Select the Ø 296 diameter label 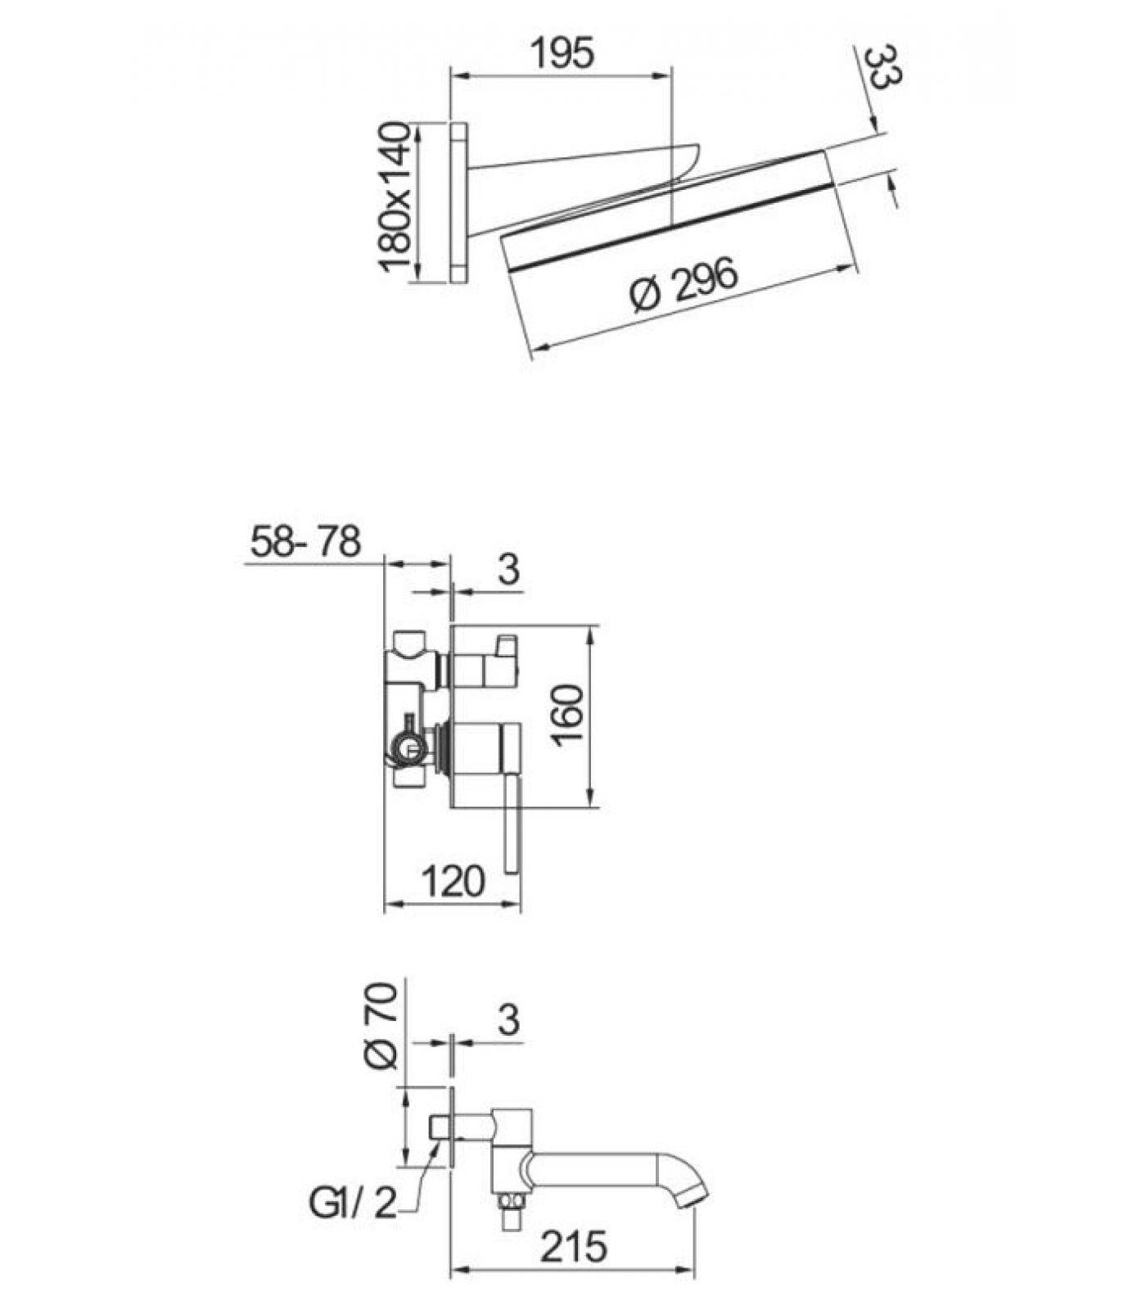685,284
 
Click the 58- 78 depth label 305,541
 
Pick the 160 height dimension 567,714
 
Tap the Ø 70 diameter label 381,1027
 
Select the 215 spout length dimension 575,1247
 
